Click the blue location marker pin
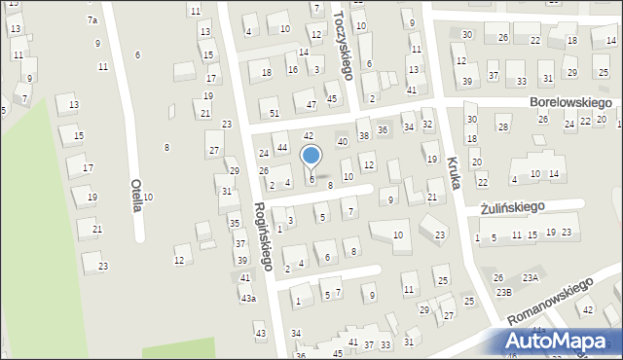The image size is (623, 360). pyautogui.click(x=311, y=157)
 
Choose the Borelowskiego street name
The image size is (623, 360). pyautogui.click(x=569, y=101)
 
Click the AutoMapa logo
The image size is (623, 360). pyautogui.click(x=559, y=342)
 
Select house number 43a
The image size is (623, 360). pyautogui.click(x=249, y=298)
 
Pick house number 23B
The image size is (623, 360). pyautogui.click(x=503, y=292)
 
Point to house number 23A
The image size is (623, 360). pyautogui.click(x=530, y=278)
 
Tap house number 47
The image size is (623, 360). pyautogui.click(x=311, y=104)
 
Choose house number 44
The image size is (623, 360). pyautogui.click(x=281, y=147)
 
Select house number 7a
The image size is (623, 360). pyautogui.click(x=92, y=19)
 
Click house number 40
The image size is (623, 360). pyautogui.click(x=342, y=141)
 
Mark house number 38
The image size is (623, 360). pyautogui.click(x=364, y=135)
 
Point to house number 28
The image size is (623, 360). pyautogui.click(x=502, y=127)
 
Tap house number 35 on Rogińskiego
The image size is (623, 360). pyautogui.click(x=235, y=223)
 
